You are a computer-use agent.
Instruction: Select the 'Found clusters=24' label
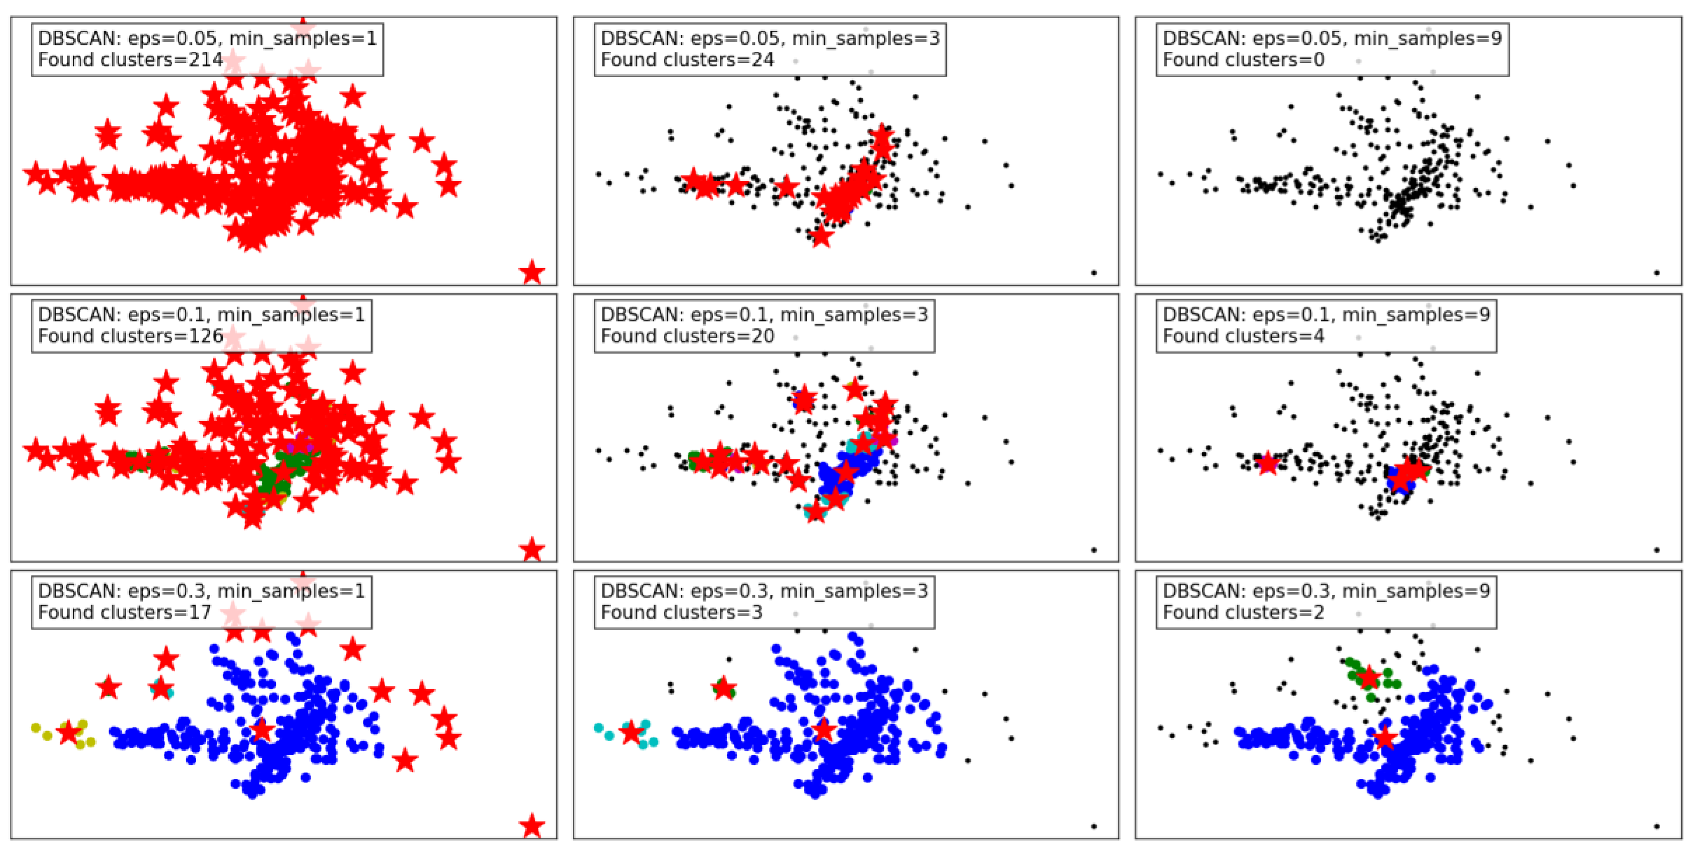(x=687, y=60)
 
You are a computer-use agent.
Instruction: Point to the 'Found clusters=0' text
(x=1243, y=60)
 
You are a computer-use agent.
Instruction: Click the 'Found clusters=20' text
(x=687, y=336)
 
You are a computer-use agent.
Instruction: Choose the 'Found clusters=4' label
(x=1243, y=336)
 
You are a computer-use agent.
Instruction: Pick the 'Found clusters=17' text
(x=125, y=613)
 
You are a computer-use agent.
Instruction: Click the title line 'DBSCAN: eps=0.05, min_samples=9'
(x=1332, y=38)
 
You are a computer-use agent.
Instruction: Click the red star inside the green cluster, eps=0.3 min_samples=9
(x=1369, y=677)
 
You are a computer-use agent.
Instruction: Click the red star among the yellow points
(x=68, y=732)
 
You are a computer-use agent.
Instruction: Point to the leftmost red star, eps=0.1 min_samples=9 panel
(x=1268, y=463)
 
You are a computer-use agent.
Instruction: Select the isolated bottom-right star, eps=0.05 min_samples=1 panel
(x=532, y=272)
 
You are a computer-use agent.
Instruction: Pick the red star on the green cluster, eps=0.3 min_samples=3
(x=723, y=688)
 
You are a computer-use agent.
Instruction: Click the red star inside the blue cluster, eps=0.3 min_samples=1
(x=262, y=730)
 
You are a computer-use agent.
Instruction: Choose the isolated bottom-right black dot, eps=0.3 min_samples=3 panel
(x=1093, y=826)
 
